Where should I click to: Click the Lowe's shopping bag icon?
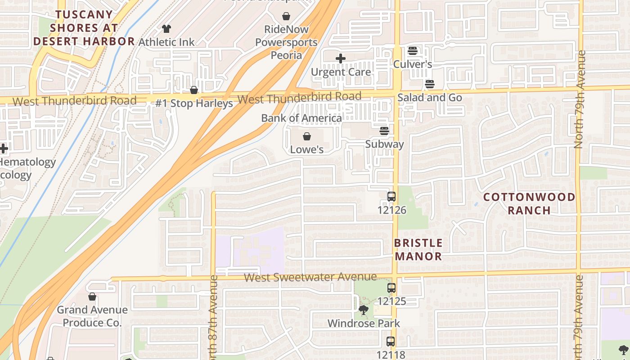[307, 136]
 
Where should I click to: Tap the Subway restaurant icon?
[384, 131]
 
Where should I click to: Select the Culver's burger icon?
[413, 51]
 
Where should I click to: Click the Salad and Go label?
[429, 97]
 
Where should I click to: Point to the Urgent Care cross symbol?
[341, 58]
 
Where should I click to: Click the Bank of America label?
[301, 118]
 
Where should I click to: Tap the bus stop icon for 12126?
[391, 197]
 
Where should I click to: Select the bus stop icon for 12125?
[391, 288]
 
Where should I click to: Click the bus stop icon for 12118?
[390, 342]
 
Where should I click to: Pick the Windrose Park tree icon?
[363, 310]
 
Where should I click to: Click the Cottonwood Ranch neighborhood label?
[529, 203]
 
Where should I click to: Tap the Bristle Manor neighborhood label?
[418, 249]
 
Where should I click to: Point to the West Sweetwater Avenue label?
[310, 277]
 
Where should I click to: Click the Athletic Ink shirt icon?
[166, 29]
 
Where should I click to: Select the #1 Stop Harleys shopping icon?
[194, 90]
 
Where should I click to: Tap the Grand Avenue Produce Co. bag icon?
[92, 297]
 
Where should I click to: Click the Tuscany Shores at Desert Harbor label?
[84, 28]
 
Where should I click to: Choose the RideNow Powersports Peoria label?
[286, 42]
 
